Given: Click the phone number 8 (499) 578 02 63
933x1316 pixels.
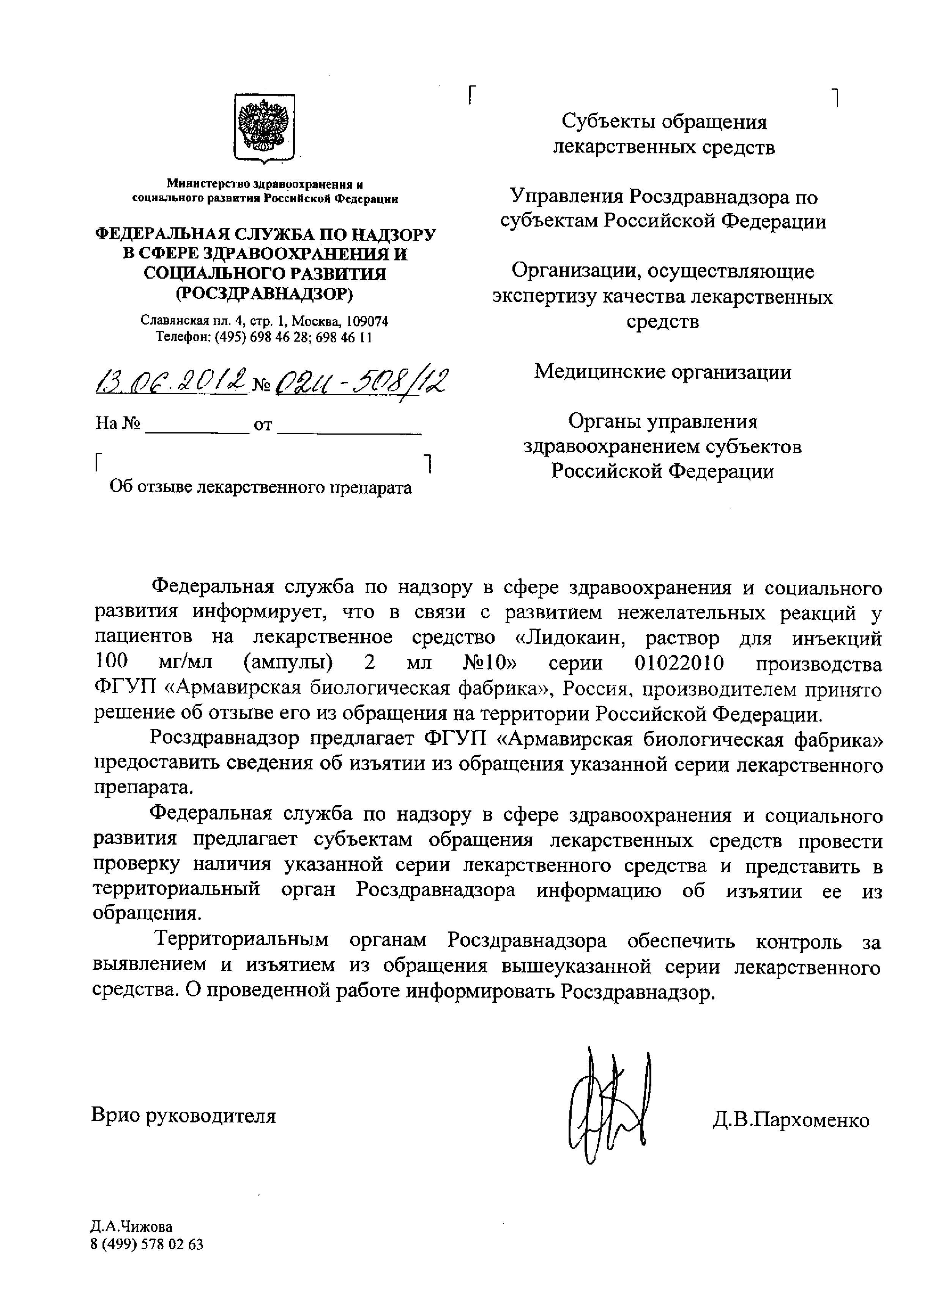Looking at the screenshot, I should click(x=147, y=1244).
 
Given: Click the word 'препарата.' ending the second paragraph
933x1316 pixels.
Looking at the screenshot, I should click(x=143, y=788).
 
